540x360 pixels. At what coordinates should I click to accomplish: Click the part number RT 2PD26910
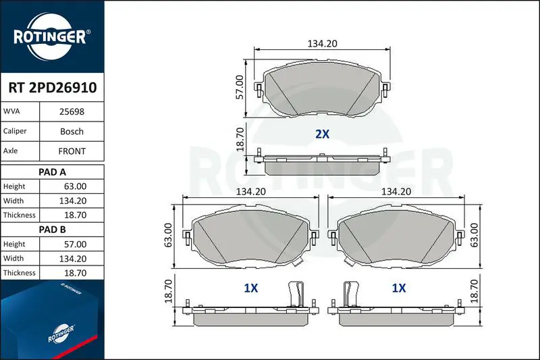pyautogui.click(x=53, y=88)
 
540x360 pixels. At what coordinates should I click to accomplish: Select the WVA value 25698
pyautogui.click(x=72, y=111)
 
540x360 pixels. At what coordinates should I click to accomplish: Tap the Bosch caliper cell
pyautogui.click(x=72, y=132)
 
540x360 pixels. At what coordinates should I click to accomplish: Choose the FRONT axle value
pyautogui.click(x=72, y=151)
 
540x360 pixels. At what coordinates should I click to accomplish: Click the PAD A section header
pyautogui.click(x=52, y=172)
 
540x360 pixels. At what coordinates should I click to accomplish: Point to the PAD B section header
pyautogui.click(x=52, y=230)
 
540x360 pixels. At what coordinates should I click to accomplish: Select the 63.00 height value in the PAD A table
pyautogui.click(x=75, y=186)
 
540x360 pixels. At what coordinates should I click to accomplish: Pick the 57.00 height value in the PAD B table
pyautogui.click(x=75, y=245)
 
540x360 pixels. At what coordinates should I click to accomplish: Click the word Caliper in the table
pyautogui.click(x=15, y=131)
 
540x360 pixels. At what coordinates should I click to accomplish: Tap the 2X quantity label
pyautogui.click(x=323, y=134)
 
